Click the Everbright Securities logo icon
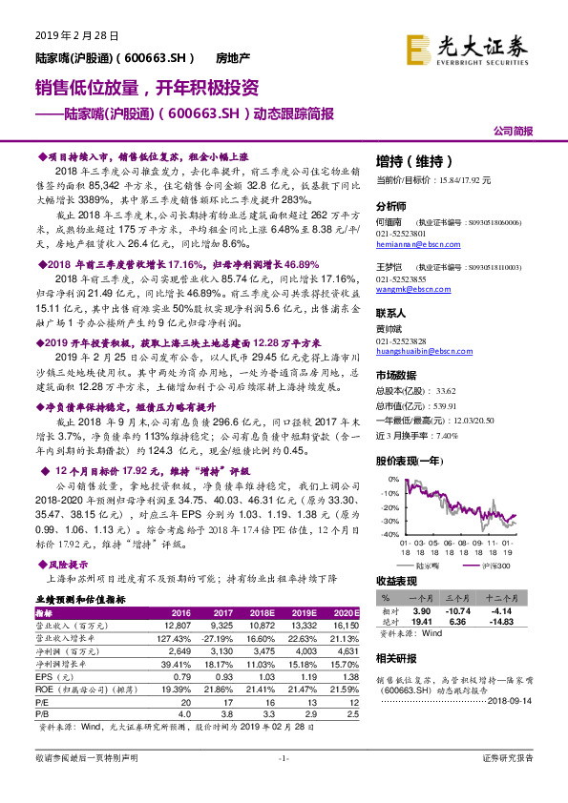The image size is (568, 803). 418,48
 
